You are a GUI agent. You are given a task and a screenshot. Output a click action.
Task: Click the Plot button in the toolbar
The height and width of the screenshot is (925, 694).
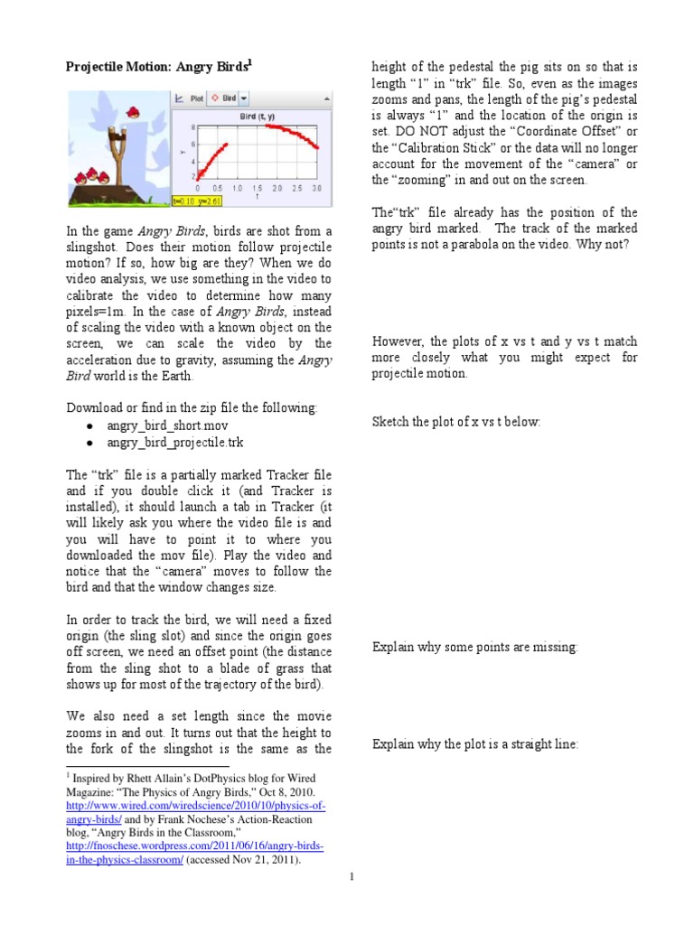click(189, 98)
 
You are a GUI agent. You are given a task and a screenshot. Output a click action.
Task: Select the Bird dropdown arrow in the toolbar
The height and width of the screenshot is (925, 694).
click(244, 98)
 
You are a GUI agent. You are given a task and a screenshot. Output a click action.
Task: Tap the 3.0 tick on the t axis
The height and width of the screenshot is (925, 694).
click(315, 189)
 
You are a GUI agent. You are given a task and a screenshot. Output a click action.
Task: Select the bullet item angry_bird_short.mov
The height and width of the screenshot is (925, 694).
click(162, 425)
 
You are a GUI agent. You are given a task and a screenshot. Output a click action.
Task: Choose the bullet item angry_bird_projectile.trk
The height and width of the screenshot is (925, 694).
click(174, 443)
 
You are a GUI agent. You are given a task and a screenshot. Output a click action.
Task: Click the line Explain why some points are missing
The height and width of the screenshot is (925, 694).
click(474, 647)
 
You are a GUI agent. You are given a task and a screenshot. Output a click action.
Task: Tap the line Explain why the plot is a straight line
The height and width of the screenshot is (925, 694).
click(475, 743)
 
